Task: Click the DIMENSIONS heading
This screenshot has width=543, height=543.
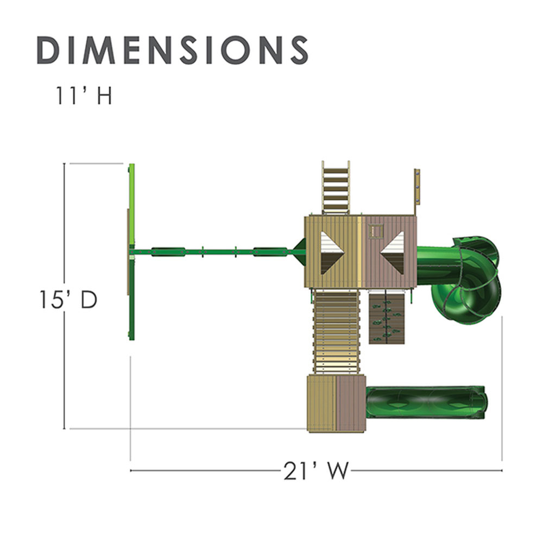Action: point(173,50)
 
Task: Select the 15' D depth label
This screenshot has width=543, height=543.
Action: point(68,299)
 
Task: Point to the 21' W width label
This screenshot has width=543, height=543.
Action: point(315,471)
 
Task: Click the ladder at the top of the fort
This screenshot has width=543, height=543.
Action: point(336,188)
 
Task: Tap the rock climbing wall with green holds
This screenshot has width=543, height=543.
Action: point(387,318)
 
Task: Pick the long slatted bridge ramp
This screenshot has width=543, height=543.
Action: point(336,332)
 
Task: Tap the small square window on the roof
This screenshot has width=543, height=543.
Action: point(376,231)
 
